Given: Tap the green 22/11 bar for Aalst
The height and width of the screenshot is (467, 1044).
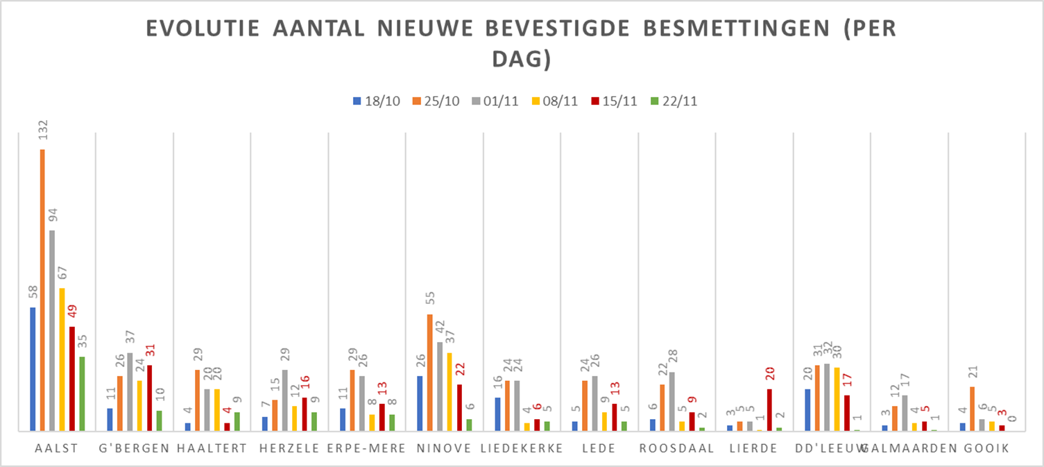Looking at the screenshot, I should click(82, 393).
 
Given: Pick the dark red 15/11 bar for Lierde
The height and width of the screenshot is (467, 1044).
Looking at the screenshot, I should click(769, 410).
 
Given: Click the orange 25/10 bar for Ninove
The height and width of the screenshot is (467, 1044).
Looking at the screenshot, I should click(430, 373).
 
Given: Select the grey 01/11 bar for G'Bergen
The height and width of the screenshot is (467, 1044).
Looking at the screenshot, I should click(130, 392).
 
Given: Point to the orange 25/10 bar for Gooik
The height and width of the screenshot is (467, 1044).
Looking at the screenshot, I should click(972, 409).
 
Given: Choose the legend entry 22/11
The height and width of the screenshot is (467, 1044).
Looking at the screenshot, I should click(674, 101).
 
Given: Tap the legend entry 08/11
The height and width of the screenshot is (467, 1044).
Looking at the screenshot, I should click(556, 101).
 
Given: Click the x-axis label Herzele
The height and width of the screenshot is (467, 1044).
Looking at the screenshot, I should click(289, 448).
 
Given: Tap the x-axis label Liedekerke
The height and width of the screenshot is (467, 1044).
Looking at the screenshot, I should click(522, 448).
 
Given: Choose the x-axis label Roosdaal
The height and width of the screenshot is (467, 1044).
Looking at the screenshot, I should click(676, 448).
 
